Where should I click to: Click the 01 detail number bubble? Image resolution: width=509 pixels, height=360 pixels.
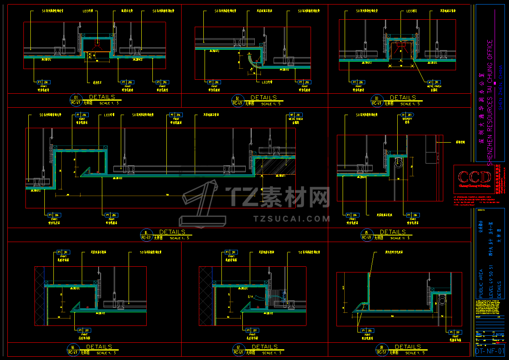(x=76, y=100)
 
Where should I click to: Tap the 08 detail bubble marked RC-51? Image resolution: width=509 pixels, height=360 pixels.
(x=382, y=350)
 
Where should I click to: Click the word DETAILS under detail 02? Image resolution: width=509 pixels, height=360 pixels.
(x=264, y=98)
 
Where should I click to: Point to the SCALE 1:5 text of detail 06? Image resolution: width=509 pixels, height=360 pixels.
(x=106, y=353)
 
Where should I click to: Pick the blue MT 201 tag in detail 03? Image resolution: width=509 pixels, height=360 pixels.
(x=435, y=82)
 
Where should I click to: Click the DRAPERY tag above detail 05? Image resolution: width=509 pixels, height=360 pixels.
(x=407, y=115)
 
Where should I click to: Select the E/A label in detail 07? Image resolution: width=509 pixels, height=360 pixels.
(x=250, y=297)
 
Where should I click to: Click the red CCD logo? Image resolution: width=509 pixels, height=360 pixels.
(x=475, y=178)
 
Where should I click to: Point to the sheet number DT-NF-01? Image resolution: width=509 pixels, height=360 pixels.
(x=489, y=351)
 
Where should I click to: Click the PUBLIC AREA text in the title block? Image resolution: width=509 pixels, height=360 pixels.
(x=481, y=284)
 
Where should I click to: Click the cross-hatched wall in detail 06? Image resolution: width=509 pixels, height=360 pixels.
(x=39, y=296)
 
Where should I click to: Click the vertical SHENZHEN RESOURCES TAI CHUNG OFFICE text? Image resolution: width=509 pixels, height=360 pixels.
(x=489, y=103)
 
